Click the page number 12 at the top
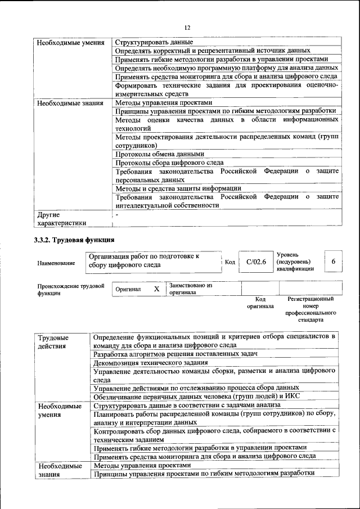pos(187,28)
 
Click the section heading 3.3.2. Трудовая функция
pos(70,241)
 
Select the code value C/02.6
pos(256,262)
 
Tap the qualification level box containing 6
pos(333,262)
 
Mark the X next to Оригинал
pos(157,289)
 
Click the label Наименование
pos(56,263)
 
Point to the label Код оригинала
pos(260,303)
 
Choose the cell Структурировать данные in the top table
pos(154,42)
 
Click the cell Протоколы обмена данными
pos(159,154)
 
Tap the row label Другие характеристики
pos(61,218)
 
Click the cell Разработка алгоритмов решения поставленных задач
pos(175,354)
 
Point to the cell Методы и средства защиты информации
pos(178,188)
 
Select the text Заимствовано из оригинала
pos(190,289)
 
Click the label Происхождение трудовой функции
pos(71,289)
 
